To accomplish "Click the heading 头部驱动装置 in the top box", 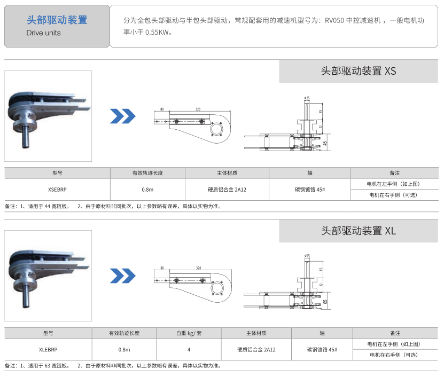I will point(57,20).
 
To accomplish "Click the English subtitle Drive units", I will point(43,33).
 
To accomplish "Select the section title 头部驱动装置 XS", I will point(358,71).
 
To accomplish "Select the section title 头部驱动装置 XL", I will point(358,231).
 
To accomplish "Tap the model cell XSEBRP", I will point(57,189).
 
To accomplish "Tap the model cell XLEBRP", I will point(48,349).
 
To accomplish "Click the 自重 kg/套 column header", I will point(189,333).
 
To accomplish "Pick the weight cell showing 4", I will point(189,349).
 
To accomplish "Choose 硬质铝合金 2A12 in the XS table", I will point(227,189).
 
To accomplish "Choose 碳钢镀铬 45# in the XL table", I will point(322,349).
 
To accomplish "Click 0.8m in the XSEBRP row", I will point(147,189).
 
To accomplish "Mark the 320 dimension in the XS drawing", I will point(198,109).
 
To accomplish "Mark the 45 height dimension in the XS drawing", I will point(326,143).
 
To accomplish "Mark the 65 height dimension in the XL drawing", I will point(325,302).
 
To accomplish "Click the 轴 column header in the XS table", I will point(310,173).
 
